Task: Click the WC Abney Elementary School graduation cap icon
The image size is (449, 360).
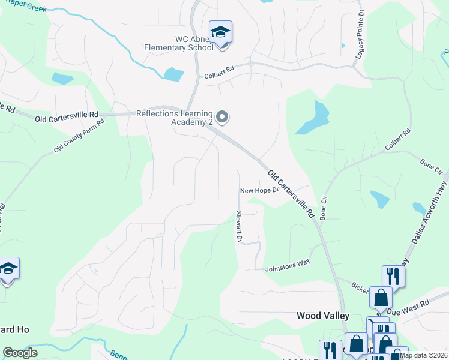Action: click(220, 32)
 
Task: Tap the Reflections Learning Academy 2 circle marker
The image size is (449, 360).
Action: click(222, 117)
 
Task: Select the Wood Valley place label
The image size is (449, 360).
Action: click(323, 315)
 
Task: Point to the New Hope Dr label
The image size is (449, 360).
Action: click(259, 190)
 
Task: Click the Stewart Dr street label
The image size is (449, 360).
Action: click(238, 226)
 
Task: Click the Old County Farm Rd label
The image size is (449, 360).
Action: click(79, 135)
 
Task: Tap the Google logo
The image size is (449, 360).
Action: click(20, 353)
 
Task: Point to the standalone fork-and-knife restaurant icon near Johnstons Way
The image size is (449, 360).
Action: click(393, 276)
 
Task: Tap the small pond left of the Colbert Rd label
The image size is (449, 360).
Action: click(173, 74)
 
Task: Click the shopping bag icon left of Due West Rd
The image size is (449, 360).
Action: click(381, 297)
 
